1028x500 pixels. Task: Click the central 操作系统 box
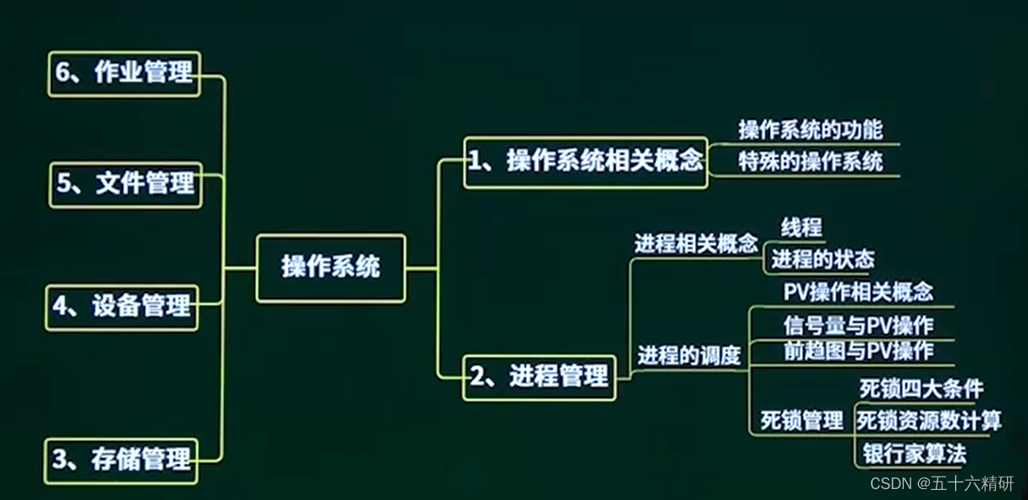[x=331, y=268]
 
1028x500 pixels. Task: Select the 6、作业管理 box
[x=124, y=73]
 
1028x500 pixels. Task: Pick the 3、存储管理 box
[x=121, y=460]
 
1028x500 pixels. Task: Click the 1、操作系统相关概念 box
[x=585, y=162]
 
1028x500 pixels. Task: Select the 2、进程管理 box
[x=539, y=377]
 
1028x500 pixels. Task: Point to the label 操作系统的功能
[x=810, y=130]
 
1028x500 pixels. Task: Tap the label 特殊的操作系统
[x=810, y=162]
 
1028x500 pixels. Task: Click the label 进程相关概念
[x=696, y=244]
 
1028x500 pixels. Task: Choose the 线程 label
[x=801, y=227]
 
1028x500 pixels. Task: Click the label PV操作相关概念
[x=858, y=292]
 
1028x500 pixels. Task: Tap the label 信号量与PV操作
[x=858, y=325]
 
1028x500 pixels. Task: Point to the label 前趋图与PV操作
[x=858, y=350]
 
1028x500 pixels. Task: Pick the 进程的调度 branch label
[x=688, y=356]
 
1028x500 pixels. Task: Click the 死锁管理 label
[x=801, y=420]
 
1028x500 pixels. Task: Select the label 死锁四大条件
[x=921, y=389]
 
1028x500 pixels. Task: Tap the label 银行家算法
[x=914, y=454]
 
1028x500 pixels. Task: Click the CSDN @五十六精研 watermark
[x=942, y=484]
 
